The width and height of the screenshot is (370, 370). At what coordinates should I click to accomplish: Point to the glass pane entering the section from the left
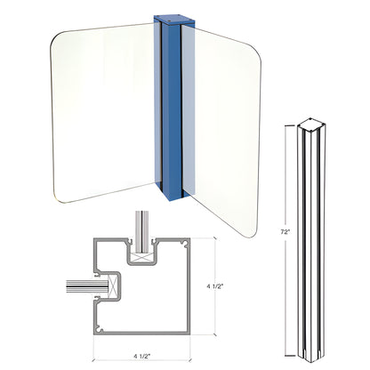[80, 286]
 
